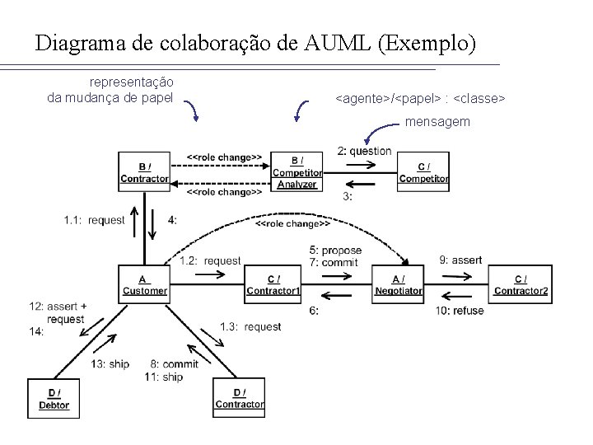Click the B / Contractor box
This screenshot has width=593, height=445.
[144, 171]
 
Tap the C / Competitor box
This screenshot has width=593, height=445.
[423, 171]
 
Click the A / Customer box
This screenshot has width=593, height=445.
[144, 284]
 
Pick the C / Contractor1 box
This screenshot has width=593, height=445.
[273, 284]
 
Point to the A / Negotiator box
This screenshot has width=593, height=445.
[398, 284]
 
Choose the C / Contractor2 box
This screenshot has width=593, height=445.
[521, 284]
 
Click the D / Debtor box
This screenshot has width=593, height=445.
[54, 398]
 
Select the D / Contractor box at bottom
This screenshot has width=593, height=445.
[239, 398]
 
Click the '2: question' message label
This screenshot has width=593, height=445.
[364, 151]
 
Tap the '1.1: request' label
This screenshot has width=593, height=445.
[94, 220]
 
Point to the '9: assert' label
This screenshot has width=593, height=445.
[460, 260]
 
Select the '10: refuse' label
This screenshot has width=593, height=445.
[460, 311]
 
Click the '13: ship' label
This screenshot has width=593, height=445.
[110, 363]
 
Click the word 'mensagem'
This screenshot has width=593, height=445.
[437, 121]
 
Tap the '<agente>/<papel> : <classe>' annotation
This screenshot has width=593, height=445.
[420, 99]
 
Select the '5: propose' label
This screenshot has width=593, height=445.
[335, 250]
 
